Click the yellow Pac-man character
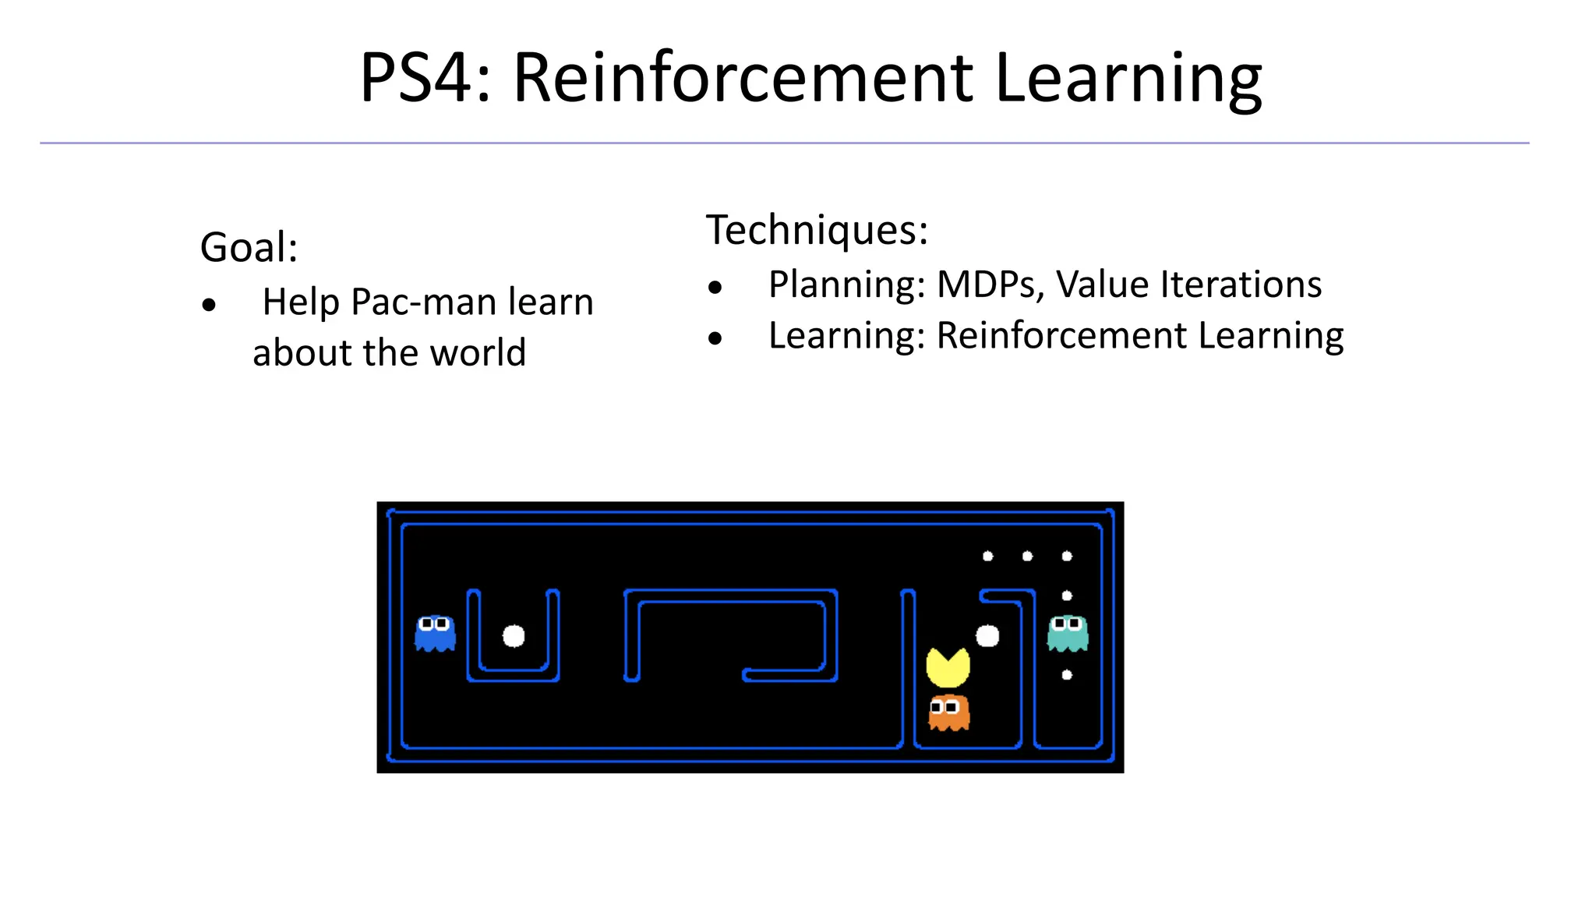948,667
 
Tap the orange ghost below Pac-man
948,712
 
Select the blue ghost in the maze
435,633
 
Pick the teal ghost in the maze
1067,633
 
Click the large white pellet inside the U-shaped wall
514,636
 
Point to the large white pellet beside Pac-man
987,636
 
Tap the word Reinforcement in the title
743,78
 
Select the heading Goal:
249,247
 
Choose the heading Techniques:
817,230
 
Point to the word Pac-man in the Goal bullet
425,302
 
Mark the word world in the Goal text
478,352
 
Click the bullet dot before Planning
715,288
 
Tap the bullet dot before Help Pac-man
208,305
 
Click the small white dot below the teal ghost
1067,675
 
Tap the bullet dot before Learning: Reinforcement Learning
715,338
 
